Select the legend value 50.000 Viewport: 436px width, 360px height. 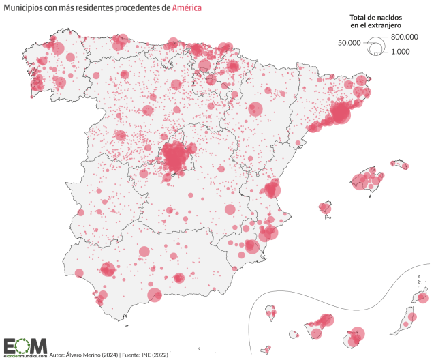(x=349, y=42)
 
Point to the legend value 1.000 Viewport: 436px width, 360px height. (x=400, y=52)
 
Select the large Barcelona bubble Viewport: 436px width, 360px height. (x=340, y=112)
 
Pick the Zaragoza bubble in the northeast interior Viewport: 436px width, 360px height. (x=255, y=108)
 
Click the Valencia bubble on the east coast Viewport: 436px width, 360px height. (x=272, y=190)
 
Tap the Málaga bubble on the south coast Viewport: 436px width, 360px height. (x=155, y=295)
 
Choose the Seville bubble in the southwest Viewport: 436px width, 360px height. (x=107, y=269)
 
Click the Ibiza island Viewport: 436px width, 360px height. (x=326, y=208)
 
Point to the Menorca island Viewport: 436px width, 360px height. (x=399, y=164)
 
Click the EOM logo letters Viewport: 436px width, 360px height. (x=25, y=345)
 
